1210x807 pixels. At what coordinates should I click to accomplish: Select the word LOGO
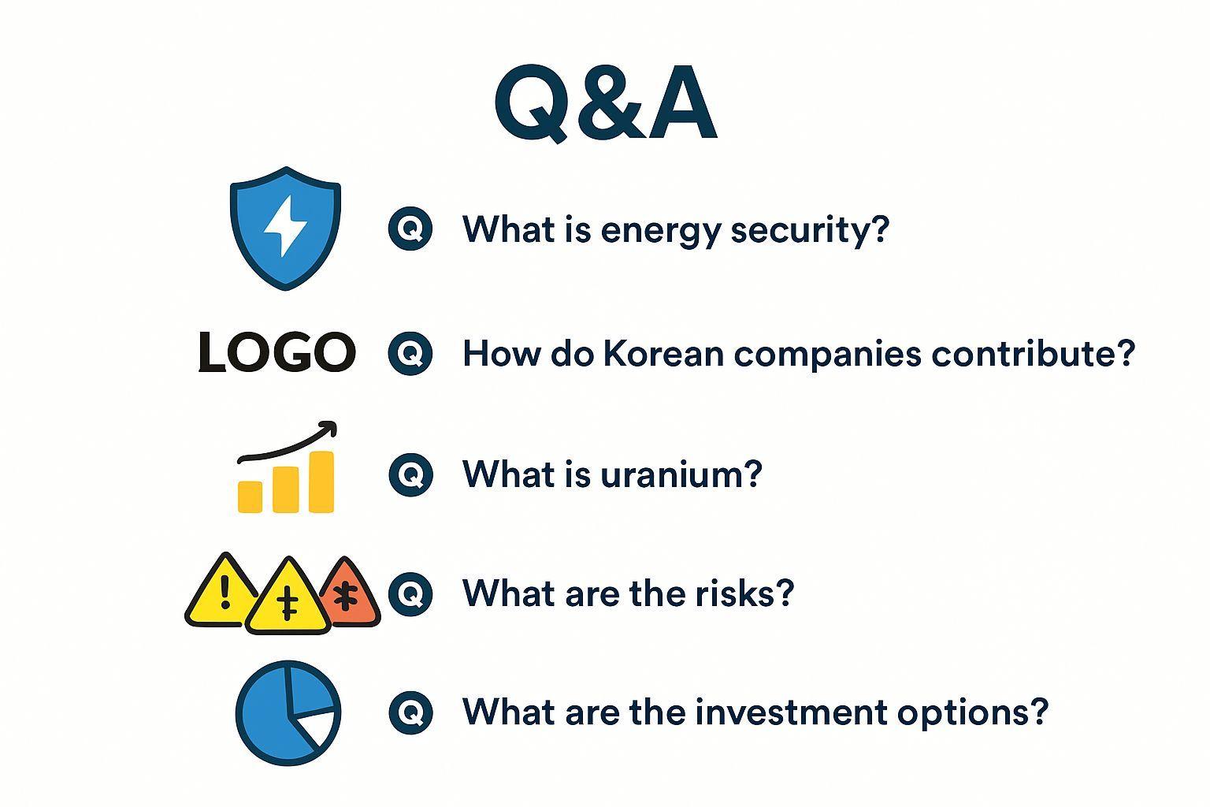(x=277, y=352)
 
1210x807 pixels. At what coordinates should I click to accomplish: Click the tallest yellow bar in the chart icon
(x=321, y=482)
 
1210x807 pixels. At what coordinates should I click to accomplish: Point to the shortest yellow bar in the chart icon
(x=250, y=496)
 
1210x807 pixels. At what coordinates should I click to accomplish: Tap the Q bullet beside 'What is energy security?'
(x=410, y=229)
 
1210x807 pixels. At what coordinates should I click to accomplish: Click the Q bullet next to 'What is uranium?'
(x=410, y=474)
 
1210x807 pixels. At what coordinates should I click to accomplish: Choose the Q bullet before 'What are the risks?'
(x=410, y=593)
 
